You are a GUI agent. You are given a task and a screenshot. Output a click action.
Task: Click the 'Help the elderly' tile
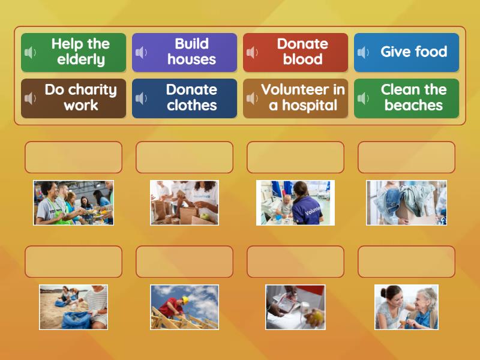[x=74, y=52]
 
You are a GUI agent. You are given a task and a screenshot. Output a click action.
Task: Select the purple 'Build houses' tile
[x=185, y=52]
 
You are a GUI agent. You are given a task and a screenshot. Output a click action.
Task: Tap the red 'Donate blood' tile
[x=296, y=52]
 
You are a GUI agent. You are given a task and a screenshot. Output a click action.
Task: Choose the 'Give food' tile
[x=407, y=52]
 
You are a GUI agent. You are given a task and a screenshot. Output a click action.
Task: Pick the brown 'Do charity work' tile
[x=74, y=98]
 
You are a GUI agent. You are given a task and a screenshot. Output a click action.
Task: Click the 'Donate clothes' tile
[x=185, y=98]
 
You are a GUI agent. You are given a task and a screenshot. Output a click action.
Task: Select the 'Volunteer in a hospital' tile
[x=296, y=98]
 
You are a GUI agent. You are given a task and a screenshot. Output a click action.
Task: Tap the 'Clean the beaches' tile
[x=407, y=98]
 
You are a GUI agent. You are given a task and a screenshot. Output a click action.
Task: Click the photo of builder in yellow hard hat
[x=185, y=307]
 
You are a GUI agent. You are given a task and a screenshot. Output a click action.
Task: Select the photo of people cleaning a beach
[x=74, y=307]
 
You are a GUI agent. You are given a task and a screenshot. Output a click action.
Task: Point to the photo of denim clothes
[x=407, y=203]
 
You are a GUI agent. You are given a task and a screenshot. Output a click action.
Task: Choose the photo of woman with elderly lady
[x=407, y=307]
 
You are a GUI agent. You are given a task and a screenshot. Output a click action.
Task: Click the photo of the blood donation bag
[x=295, y=307]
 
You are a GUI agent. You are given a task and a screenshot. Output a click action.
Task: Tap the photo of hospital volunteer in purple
[x=295, y=203]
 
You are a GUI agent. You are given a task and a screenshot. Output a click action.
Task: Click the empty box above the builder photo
[x=185, y=262]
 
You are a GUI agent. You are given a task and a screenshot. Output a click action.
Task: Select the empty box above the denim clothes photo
[x=407, y=157]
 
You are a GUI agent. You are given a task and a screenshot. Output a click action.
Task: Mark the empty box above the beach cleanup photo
[x=74, y=262]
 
